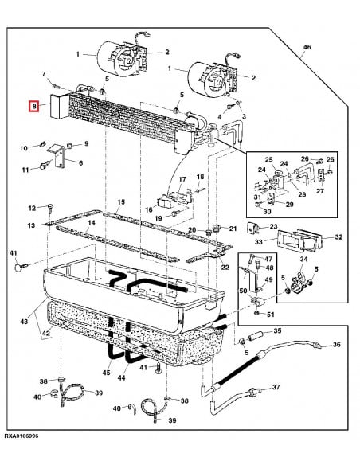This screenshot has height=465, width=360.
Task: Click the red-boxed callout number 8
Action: click(x=33, y=106)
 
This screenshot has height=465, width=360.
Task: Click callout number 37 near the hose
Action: click(x=276, y=388)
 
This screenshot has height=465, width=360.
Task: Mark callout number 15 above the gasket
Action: click(x=120, y=203)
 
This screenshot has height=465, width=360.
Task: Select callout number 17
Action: click(x=182, y=179)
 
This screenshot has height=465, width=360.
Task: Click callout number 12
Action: click(x=33, y=208)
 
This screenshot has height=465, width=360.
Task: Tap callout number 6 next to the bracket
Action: click(x=79, y=162)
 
